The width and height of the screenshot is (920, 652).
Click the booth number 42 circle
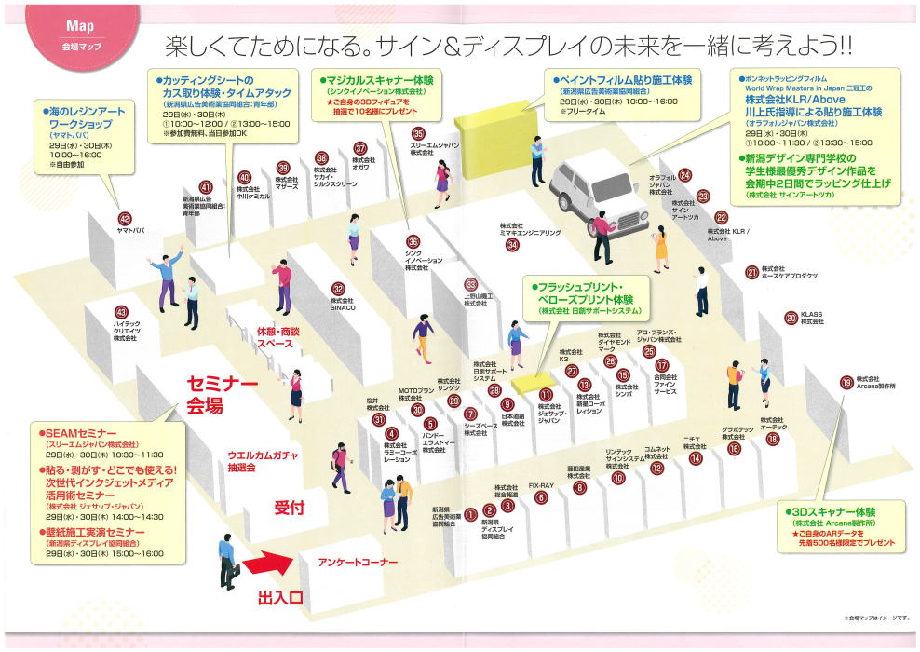pyautogui.click(x=125, y=193)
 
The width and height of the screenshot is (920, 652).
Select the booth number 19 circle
pyautogui.click(x=846, y=382)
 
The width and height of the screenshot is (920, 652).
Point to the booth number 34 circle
pyautogui.click(x=512, y=245)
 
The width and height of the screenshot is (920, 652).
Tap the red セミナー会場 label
pyautogui.click(x=222, y=394)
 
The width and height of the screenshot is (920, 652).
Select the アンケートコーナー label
pyautogui.click(x=357, y=563)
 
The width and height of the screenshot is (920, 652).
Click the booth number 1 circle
pyautogui.click(x=470, y=511)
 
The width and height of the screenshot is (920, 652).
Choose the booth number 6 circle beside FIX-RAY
pyautogui.click(x=541, y=497)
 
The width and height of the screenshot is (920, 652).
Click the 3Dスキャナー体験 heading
pyautogui.click(x=833, y=512)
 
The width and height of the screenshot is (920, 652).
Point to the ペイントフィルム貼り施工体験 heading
pyautogui.click(x=624, y=80)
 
